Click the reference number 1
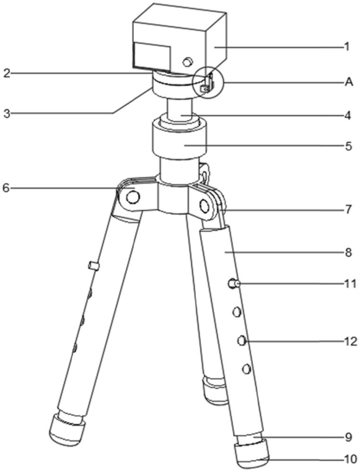pyautogui.click(x=347, y=47)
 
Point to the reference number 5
pyautogui.click(x=348, y=146)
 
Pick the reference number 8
pyautogui.click(x=348, y=253)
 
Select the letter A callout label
pyautogui.click(x=349, y=82)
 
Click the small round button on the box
pyautogui.click(x=188, y=61)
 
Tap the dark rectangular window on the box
pyautogui.click(x=151, y=54)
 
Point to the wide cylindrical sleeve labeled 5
pyautogui.click(x=180, y=141)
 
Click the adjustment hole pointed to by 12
pyautogui.click(x=242, y=340)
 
